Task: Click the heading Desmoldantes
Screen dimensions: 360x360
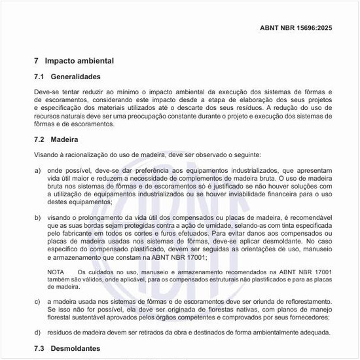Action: (x=76, y=349)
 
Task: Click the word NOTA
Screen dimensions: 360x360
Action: (x=56, y=271)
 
